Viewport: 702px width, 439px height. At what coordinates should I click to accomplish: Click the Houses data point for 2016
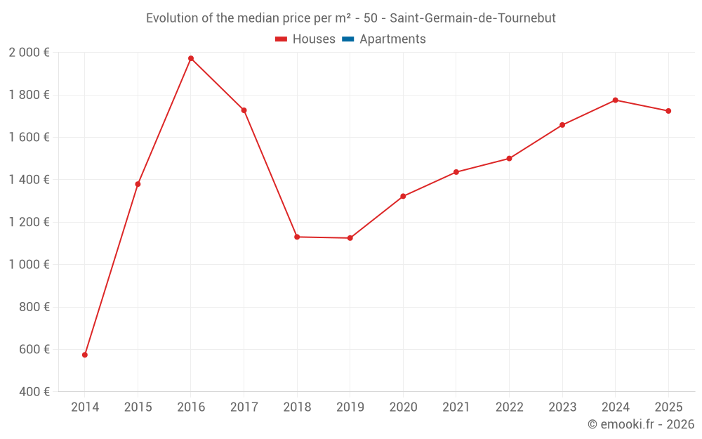click(191, 58)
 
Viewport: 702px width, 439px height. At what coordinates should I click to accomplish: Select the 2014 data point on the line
click(85, 355)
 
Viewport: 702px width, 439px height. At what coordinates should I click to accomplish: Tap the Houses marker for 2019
click(350, 238)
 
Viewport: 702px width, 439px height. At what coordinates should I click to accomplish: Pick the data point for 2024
click(615, 100)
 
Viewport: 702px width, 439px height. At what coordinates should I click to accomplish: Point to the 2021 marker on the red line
click(456, 172)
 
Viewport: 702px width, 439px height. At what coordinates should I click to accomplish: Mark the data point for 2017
click(244, 110)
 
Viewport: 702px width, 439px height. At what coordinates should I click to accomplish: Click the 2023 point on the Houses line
click(562, 125)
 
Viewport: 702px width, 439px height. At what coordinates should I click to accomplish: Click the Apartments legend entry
click(392, 39)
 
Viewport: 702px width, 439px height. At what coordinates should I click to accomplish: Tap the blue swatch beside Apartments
click(347, 39)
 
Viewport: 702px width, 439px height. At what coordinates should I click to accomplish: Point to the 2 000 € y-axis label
click(29, 53)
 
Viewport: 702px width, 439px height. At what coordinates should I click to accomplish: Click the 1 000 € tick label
click(29, 265)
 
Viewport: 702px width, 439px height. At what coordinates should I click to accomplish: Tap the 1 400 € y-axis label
click(29, 180)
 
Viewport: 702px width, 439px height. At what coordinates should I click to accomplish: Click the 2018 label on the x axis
click(297, 407)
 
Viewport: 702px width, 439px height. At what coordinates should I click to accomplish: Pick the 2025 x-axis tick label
click(668, 407)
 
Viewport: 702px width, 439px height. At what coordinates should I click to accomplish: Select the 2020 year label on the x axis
click(403, 407)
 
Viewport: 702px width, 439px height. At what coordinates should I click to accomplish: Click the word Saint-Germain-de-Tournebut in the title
click(472, 18)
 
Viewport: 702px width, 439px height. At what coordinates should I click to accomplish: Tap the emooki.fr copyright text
click(641, 424)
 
